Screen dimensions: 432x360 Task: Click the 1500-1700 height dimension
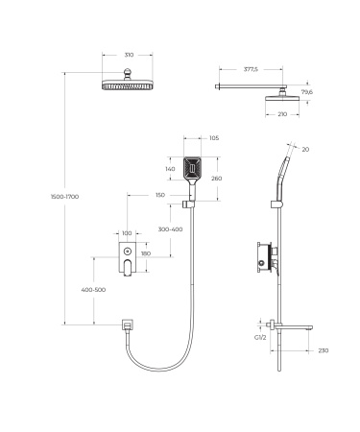click(x=64, y=196)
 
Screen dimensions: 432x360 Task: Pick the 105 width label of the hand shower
click(x=213, y=138)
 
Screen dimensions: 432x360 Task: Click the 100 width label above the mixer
click(x=126, y=233)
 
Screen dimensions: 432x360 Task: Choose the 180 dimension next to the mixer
click(x=146, y=253)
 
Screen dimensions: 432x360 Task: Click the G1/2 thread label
click(x=260, y=337)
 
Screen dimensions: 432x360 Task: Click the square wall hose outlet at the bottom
click(x=127, y=327)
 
